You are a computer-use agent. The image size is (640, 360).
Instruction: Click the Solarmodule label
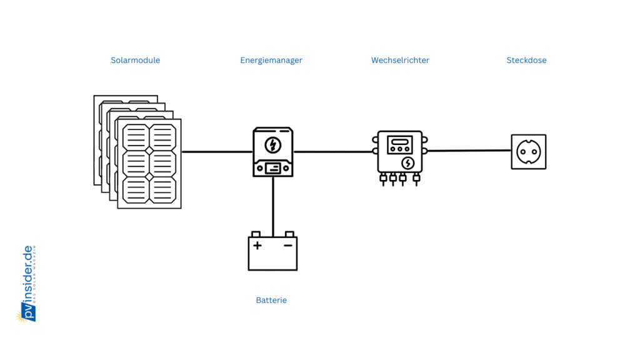135,61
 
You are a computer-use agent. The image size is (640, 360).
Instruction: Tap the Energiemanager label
271,61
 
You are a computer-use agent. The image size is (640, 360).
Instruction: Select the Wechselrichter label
400,61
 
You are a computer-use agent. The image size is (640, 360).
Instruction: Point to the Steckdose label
526,61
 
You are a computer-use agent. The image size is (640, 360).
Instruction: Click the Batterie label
271,301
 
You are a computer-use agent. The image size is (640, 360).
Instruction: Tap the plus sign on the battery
257,245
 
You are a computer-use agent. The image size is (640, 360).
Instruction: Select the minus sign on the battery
288,245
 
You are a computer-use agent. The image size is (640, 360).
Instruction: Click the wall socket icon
528,151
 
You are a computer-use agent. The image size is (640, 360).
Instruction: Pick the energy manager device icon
272,152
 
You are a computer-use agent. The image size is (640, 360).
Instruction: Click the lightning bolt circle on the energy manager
272,145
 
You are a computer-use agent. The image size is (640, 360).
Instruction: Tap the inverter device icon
400,153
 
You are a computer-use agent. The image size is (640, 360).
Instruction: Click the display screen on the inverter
399,145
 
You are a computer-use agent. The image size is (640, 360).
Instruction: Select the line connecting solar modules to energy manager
216,151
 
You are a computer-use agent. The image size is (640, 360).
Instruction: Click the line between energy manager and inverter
334,151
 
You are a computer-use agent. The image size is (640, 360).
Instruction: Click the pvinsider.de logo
27,284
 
